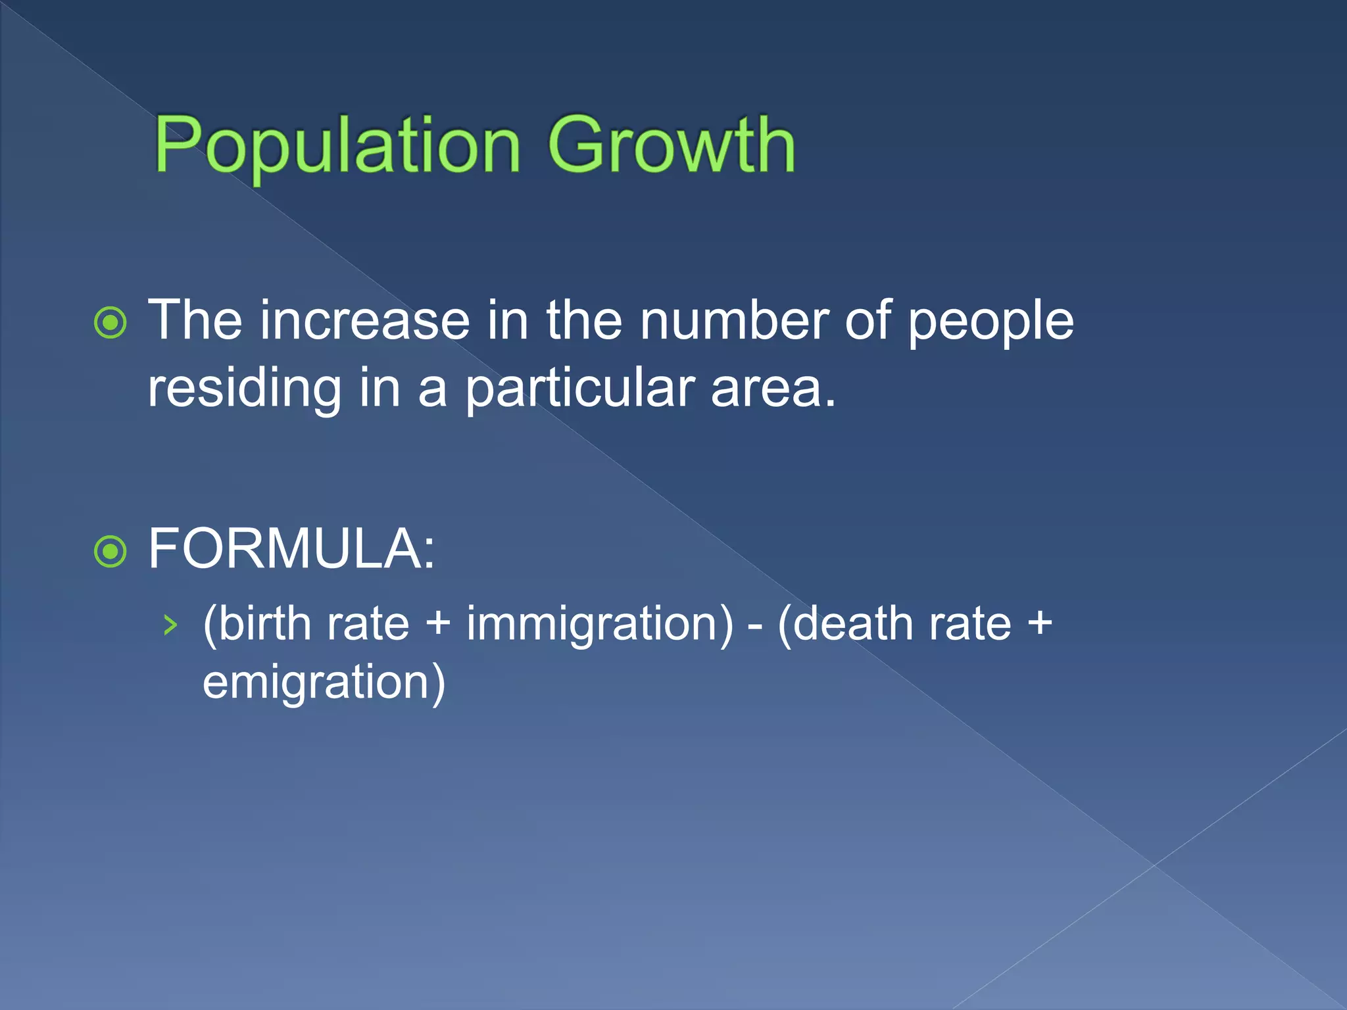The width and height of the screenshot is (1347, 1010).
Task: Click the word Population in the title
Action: click(x=337, y=146)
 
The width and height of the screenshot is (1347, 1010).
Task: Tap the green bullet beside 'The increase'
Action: click(x=110, y=323)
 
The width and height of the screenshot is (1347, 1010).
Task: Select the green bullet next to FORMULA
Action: click(x=110, y=551)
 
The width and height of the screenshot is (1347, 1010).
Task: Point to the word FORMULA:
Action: click(x=291, y=549)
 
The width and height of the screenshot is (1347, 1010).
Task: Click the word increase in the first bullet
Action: click(x=365, y=321)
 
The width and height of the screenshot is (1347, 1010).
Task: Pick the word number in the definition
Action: click(x=733, y=321)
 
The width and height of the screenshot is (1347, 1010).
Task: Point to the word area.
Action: click(x=773, y=389)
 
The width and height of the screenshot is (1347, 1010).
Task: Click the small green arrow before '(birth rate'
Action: click(x=170, y=625)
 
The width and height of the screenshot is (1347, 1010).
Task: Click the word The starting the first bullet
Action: click(x=195, y=321)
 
